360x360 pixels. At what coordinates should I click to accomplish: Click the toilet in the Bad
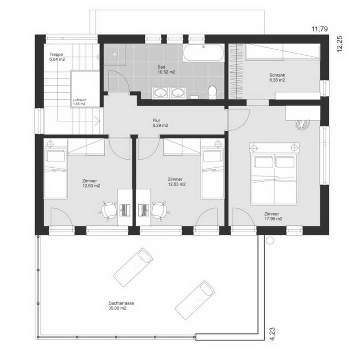(x=212, y=92)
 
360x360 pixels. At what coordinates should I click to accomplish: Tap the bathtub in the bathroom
(x=204, y=52)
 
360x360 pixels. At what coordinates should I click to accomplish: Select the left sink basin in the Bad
(x=160, y=93)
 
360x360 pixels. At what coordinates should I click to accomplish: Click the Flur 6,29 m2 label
(x=160, y=123)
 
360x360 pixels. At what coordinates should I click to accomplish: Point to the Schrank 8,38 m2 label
(x=277, y=78)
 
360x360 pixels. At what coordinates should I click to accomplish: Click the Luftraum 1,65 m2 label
(x=80, y=102)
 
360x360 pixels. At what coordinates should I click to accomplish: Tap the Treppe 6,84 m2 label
(x=57, y=57)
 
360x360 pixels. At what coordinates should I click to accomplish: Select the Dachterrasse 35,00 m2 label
(x=121, y=306)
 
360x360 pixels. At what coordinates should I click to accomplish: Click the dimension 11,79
(x=319, y=29)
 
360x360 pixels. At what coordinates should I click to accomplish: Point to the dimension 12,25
(x=340, y=44)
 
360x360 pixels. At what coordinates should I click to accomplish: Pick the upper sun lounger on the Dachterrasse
(x=133, y=267)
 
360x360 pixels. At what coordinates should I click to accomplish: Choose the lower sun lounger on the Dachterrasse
(x=195, y=300)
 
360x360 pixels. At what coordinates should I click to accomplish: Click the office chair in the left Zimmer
(x=108, y=210)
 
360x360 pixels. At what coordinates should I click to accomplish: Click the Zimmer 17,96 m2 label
(x=273, y=216)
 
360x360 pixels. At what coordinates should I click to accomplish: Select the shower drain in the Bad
(x=114, y=54)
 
